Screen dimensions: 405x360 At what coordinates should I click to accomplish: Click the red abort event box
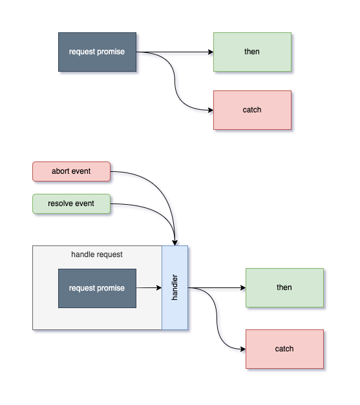click(71, 172)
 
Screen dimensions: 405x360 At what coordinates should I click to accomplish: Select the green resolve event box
click(71, 203)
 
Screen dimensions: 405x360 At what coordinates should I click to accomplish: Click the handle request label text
click(97, 254)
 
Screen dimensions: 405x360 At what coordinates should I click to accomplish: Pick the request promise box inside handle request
click(97, 288)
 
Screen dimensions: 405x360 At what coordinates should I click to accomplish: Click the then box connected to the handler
click(284, 287)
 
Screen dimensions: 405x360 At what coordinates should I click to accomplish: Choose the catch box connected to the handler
click(284, 349)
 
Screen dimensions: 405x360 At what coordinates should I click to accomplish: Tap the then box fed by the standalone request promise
click(252, 52)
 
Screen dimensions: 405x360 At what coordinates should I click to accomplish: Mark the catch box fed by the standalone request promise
click(252, 110)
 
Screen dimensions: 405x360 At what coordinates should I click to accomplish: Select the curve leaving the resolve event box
click(149, 209)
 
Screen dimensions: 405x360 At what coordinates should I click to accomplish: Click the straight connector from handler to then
click(220, 289)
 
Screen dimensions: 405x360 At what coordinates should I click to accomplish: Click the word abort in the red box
click(61, 172)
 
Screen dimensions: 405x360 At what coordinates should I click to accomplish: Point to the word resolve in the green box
click(61, 203)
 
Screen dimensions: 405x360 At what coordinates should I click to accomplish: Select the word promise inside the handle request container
click(111, 288)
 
